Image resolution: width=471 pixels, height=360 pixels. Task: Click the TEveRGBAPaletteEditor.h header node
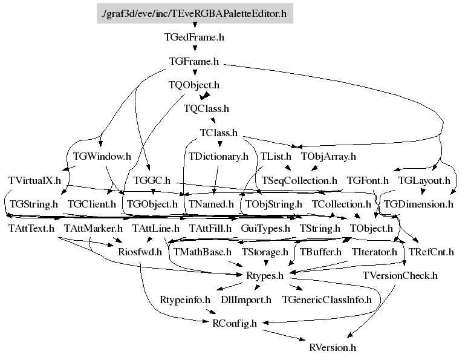coord(195,13)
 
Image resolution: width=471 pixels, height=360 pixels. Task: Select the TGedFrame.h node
coord(195,37)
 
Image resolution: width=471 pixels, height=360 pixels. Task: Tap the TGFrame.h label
coord(194,61)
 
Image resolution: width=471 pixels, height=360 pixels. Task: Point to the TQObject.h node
coord(194,85)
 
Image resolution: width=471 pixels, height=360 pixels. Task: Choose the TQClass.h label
coord(206,109)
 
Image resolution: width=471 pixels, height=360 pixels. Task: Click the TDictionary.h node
coord(218,156)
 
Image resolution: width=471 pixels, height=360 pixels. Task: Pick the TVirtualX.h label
coord(35,180)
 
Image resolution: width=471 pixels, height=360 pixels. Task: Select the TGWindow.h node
coord(102,156)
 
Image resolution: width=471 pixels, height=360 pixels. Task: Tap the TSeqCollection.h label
coord(299,180)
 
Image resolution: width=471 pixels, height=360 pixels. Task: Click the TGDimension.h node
coord(418,204)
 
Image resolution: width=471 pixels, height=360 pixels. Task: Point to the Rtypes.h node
coord(264,275)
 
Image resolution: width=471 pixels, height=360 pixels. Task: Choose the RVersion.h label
coord(333,347)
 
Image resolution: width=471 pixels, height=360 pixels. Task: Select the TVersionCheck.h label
coord(400,275)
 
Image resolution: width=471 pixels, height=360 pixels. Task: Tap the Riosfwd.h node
coord(140,252)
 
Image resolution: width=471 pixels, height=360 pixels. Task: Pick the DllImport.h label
coord(246,299)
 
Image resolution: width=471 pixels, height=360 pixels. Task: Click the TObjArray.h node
coord(328,156)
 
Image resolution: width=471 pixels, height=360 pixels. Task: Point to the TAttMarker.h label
coord(93,228)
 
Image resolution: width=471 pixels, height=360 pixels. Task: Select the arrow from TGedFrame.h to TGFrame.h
coord(195,49)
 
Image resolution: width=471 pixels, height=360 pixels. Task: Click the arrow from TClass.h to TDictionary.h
coord(219,145)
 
